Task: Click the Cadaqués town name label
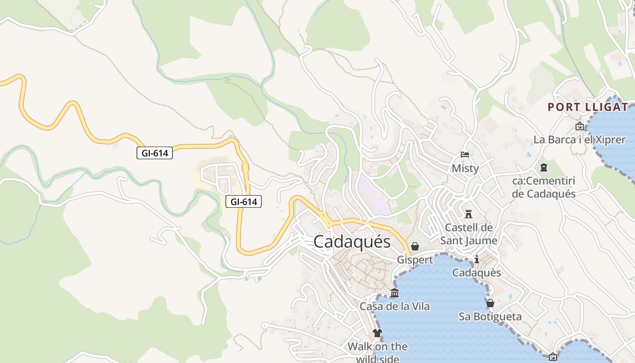coord(352,242)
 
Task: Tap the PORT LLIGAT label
coord(588,108)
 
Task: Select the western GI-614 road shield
coord(155,153)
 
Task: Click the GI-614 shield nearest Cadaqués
coord(244,202)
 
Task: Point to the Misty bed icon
coord(465,155)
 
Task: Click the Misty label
coord(465,168)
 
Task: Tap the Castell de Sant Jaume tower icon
coord(469,214)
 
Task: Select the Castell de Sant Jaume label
coord(469,234)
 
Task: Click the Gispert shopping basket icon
coord(415,246)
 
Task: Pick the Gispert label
coord(415,260)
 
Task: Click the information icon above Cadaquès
coord(477,260)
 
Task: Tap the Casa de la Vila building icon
coord(395,293)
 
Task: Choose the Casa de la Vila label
coord(395,307)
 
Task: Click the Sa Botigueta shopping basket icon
coord(490,303)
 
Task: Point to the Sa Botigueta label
coord(490,317)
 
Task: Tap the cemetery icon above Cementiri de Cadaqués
coord(543,168)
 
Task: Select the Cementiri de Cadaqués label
coord(543,187)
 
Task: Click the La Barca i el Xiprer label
coord(579,140)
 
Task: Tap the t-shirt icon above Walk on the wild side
coord(377,333)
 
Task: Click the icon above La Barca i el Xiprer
coord(579,127)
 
